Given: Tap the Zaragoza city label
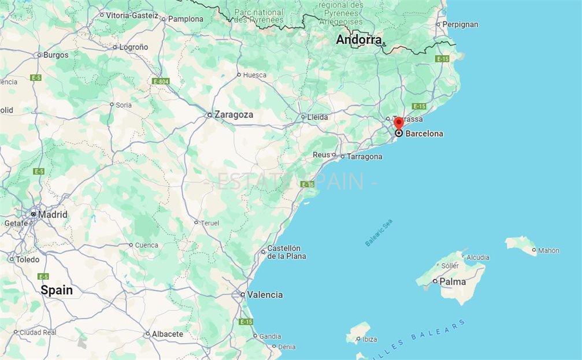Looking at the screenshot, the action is coord(233,115).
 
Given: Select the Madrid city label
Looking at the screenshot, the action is coord(53,214).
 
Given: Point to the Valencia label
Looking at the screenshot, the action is coord(265,295).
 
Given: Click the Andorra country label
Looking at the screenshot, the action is coord(359,40).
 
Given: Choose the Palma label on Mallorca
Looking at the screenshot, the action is coord(453,282).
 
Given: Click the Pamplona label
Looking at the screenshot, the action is coord(186,19).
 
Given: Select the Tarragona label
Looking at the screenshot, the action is coord(364,157).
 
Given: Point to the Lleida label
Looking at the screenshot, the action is coord(317,117).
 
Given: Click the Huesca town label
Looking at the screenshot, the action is coord(255,75).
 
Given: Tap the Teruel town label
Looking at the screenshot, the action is coord(210,223).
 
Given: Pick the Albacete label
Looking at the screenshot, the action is coord(168,334).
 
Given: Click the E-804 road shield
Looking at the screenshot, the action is coord(161,81).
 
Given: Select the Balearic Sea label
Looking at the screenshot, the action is coord(379,232).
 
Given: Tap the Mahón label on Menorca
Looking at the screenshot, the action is coord(548,251).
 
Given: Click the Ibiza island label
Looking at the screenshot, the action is coord(369,339).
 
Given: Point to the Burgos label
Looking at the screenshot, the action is coord(55,55).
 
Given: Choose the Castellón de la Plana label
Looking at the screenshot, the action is coord(286,252).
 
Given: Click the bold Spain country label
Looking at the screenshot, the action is coord(57,291).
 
